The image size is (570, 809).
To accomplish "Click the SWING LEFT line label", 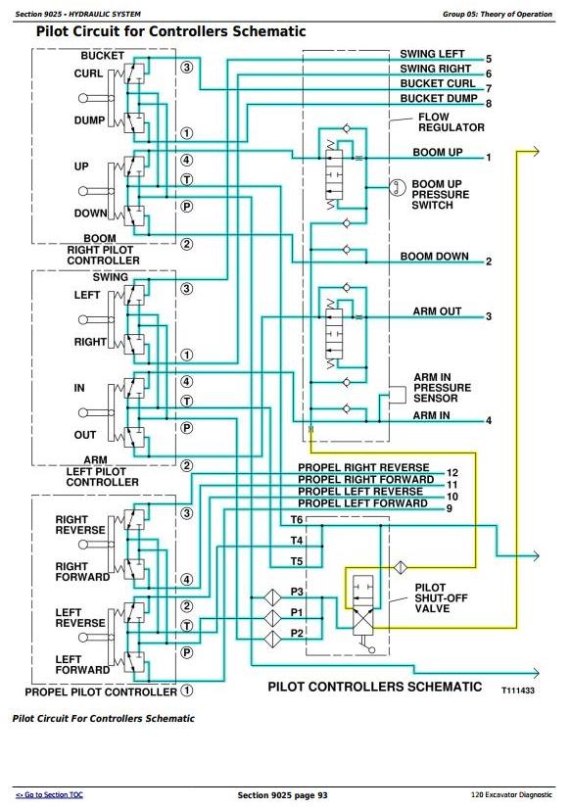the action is [x=432, y=54].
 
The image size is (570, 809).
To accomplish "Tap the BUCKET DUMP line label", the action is [x=439, y=98].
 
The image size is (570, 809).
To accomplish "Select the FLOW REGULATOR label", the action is [x=451, y=122].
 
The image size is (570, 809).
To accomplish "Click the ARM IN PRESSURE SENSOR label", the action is [x=442, y=388].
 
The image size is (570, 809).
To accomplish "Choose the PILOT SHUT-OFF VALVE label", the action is [x=441, y=598].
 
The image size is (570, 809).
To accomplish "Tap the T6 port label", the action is [x=297, y=519].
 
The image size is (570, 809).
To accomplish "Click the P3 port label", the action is [x=297, y=592].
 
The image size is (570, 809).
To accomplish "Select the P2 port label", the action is [x=297, y=633].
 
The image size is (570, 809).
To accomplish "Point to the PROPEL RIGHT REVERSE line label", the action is [x=363, y=467].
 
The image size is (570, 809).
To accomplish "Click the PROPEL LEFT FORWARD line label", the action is [x=362, y=503].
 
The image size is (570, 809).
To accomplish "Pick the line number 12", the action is [x=452, y=473].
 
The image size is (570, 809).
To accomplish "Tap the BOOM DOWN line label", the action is [x=434, y=257].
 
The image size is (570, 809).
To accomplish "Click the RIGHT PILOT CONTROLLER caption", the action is [x=103, y=256].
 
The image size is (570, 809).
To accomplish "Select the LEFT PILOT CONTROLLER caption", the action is [x=102, y=477].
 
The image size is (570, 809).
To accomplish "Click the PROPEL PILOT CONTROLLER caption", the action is [x=101, y=691].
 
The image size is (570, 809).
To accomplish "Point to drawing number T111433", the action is [x=518, y=690].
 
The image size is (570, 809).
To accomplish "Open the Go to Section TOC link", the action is [x=49, y=794].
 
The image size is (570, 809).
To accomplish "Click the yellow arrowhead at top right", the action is [x=535, y=152].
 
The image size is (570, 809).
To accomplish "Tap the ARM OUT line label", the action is [x=437, y=311].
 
